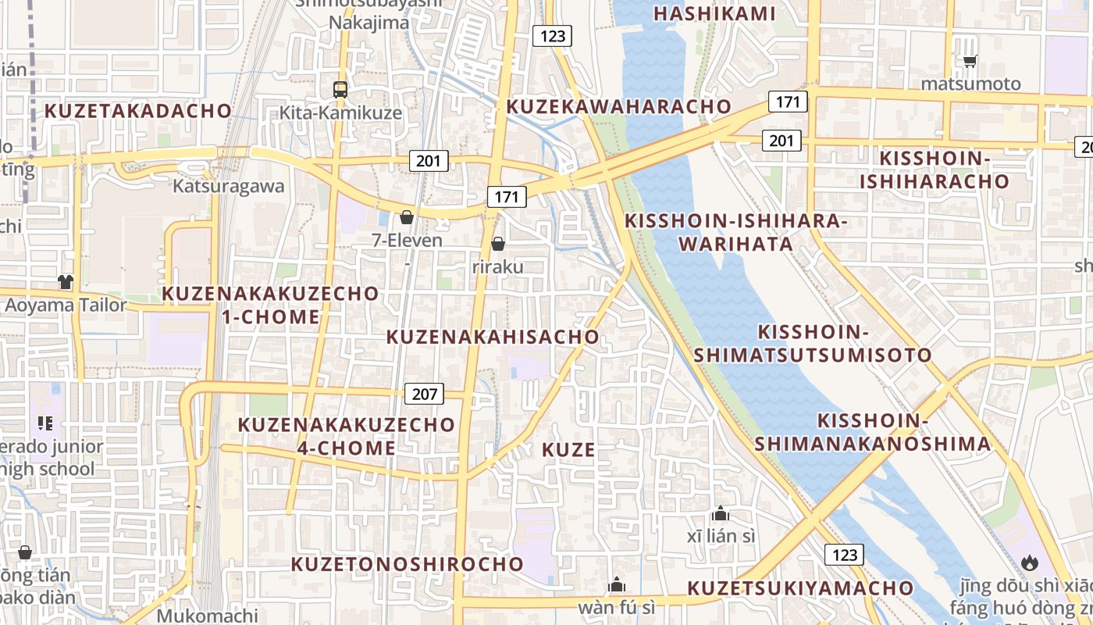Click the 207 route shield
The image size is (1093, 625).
[x=425, y=394]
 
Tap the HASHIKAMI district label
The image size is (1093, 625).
[x=714, y=13]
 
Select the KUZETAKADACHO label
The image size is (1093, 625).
[x=138, y=110]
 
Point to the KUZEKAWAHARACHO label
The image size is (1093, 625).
[x=619, y=106]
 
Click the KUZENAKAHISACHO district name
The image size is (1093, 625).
[x=493, y=337]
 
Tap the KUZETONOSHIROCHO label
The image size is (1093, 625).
[x=408, y=563]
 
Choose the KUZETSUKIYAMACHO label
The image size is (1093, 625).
[x=800, y=587]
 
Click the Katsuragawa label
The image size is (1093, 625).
[x=228, y=187]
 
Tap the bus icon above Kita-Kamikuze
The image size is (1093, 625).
[x=340, y=89]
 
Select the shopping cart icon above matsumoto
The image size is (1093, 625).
[x=970, y=61]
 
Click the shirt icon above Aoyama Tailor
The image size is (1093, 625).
[x=66, y=282]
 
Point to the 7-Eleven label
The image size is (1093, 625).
[x=407, y=240]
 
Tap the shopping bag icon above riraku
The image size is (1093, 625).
[x=498, y=245]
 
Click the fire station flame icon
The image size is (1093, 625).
[x=1029, y=562]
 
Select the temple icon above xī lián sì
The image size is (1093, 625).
[x=721, y=514]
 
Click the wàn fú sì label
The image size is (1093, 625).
[x=616, y=606]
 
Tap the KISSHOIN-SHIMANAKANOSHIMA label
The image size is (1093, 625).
[x=872, y=432]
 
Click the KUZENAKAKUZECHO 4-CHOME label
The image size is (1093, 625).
[x=347, y=436]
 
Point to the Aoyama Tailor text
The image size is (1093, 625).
[x=66, y=305]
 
